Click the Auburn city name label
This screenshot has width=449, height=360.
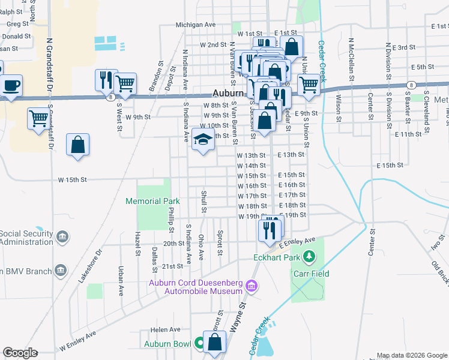(229, 94)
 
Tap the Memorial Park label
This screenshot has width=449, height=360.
(152, 201)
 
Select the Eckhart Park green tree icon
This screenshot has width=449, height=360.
(310, 257)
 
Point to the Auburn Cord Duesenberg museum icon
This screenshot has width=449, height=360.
(252, 287)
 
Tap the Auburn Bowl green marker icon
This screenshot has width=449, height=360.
(199, 344)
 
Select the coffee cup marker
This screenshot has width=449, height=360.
(11, 85)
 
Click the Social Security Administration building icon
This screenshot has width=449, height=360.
(61, 237)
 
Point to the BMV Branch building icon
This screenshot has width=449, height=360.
(60, 271)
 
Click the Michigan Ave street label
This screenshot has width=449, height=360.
(195, 25)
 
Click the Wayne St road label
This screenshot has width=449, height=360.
(238, 317)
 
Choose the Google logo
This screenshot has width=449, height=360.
(20, 353)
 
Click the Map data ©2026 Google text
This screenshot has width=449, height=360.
(412, 355)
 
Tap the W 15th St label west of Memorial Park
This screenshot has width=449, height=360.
(73, 179)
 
